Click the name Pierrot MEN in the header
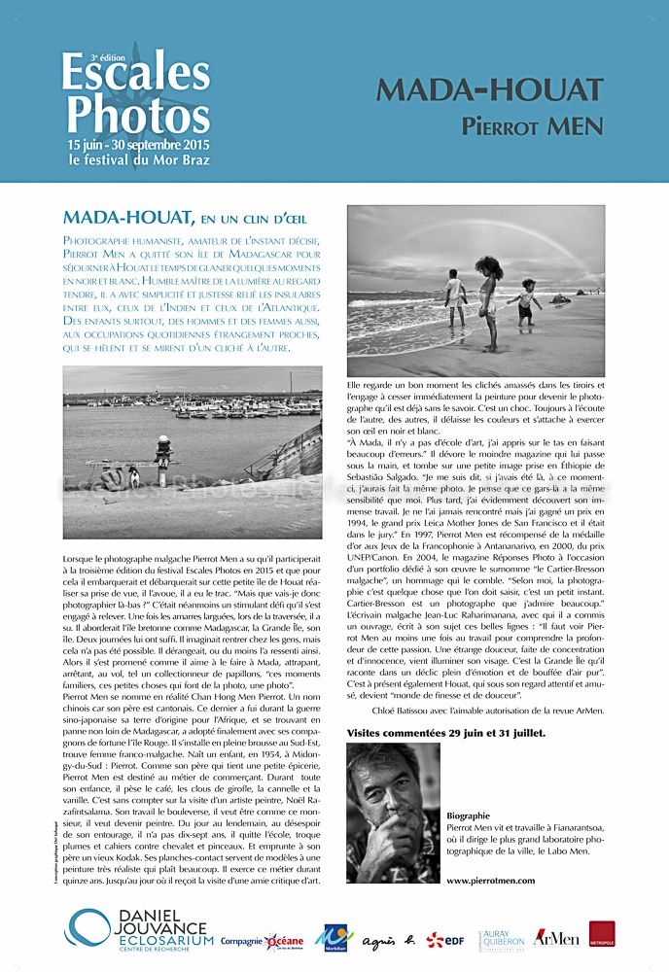tap(532, 126)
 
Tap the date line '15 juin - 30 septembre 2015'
tap(140, 144)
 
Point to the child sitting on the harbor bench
tap(163, 448)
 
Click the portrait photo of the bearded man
tap(393, 812)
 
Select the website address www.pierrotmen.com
tap(490, 881)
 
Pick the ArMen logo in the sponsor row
tap(556, 938)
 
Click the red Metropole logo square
tap(601, 935)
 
